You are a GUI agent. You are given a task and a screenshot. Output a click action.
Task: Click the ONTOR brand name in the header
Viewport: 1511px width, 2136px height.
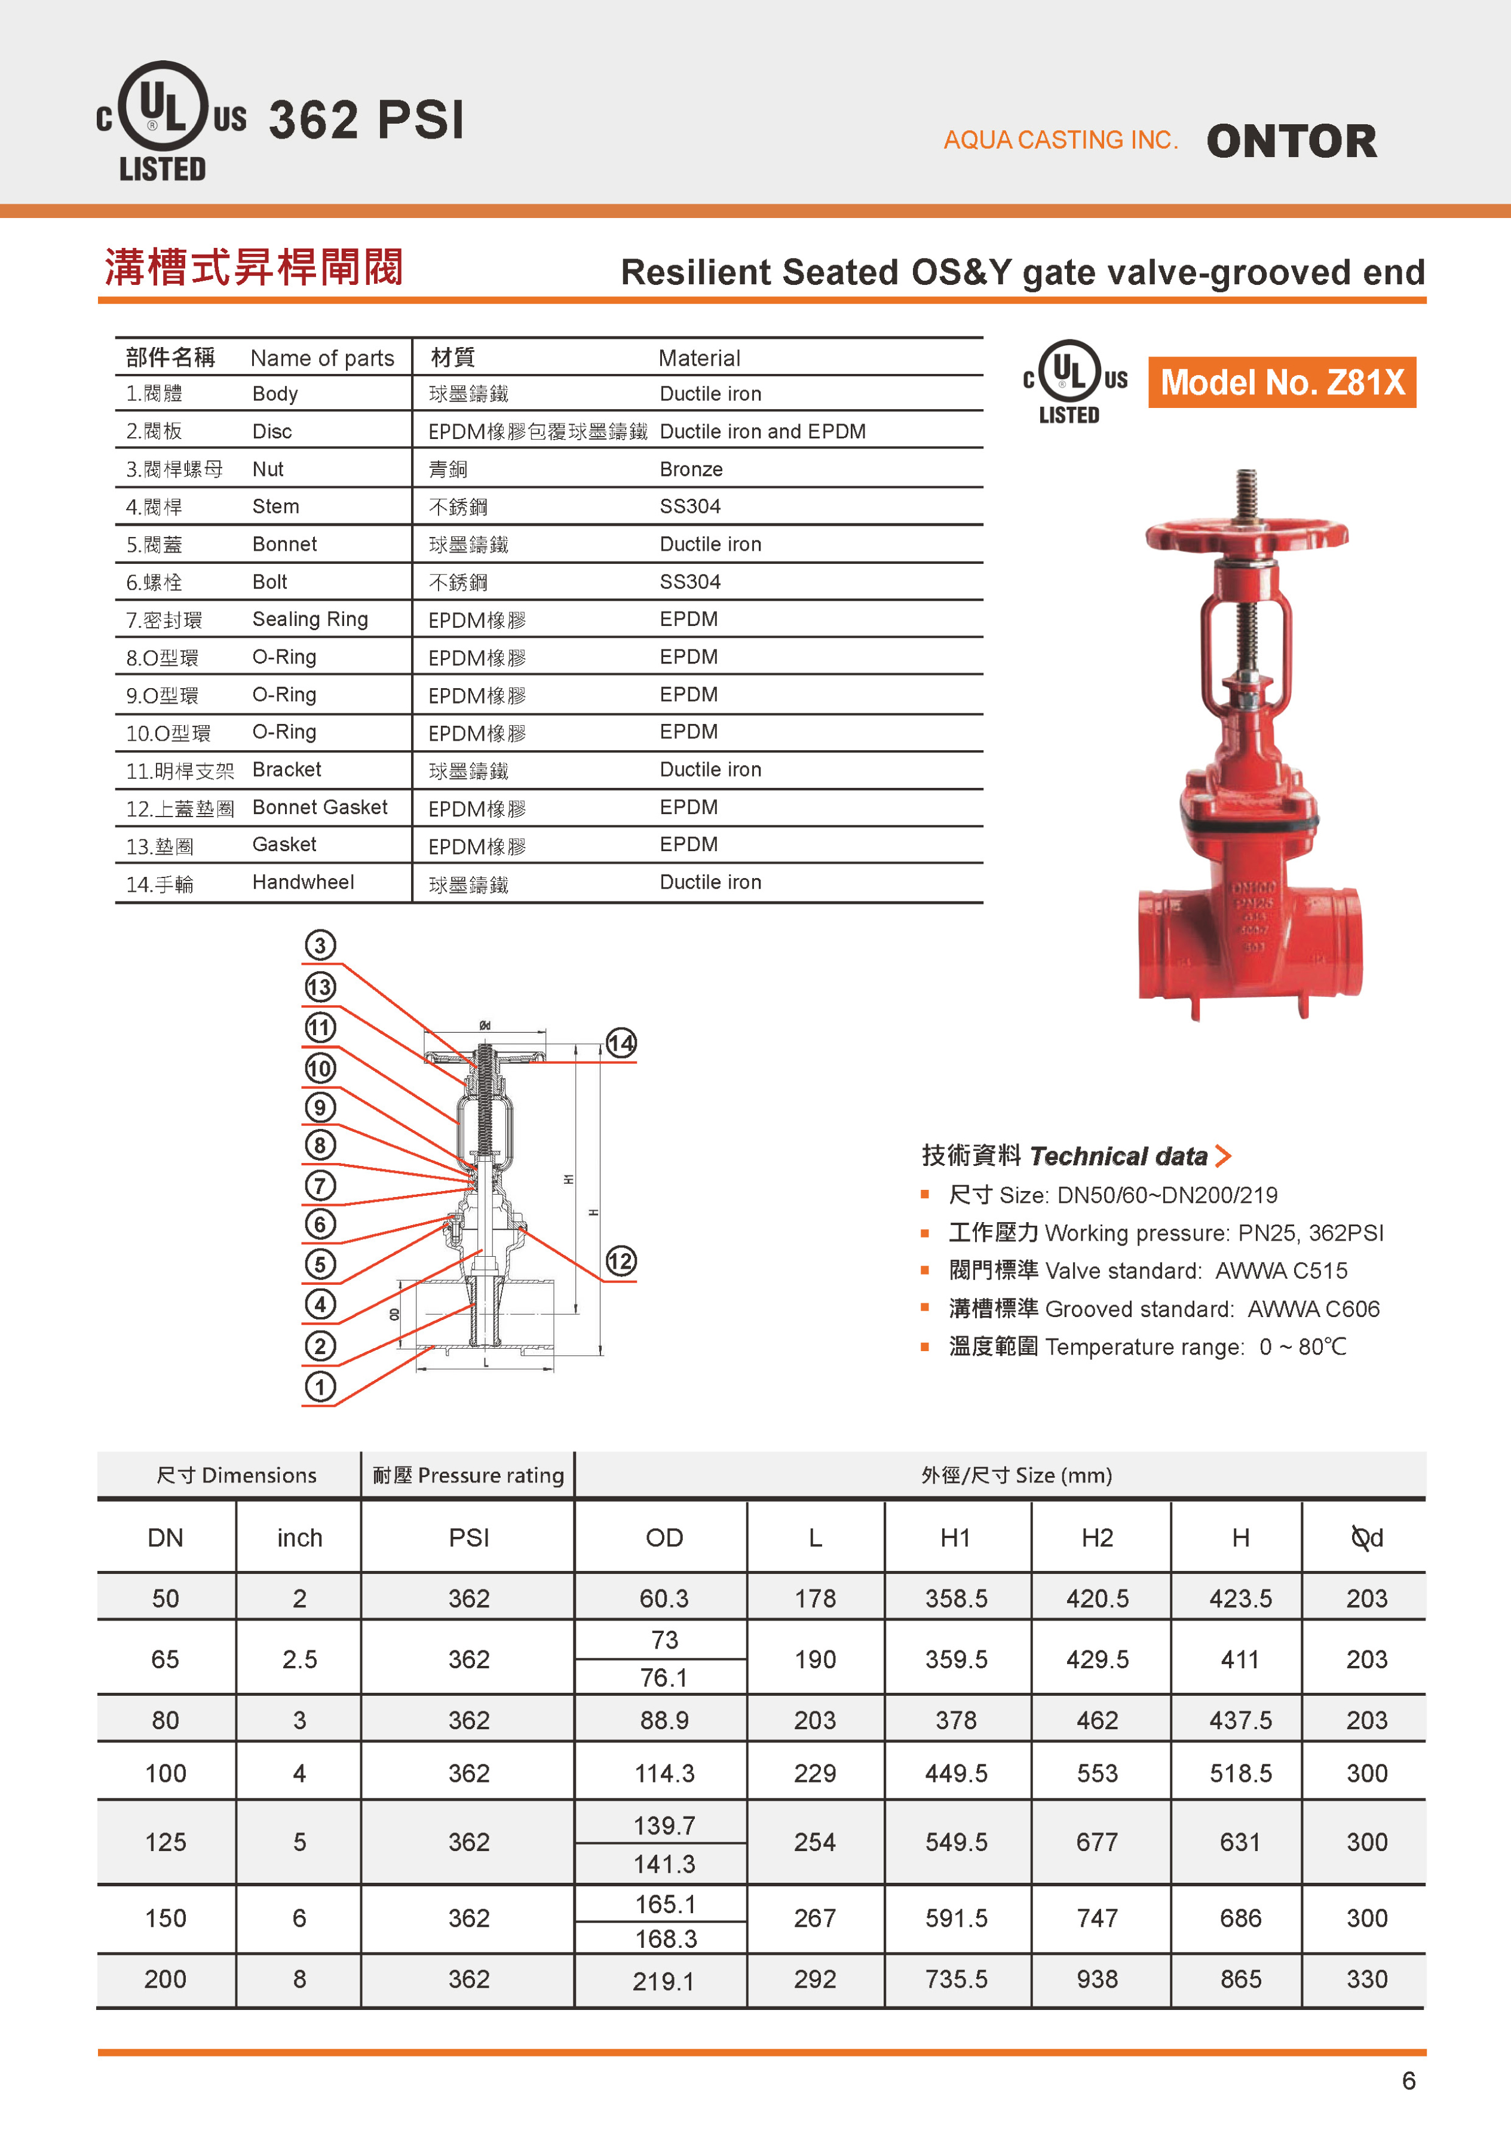tap(1291, 142)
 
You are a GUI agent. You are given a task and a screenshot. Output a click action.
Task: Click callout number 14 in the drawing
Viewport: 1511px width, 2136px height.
tap(621, 1043)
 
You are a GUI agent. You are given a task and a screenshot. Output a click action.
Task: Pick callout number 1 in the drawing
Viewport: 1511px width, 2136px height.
tap(320, 1386)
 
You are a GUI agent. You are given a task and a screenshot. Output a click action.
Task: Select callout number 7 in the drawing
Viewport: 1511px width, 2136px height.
tap(320, 1185)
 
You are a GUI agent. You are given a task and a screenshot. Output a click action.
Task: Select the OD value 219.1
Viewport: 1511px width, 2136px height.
tap(663, 1981)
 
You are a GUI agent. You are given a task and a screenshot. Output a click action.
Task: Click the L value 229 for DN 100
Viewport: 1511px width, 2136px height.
tap(814, 1773)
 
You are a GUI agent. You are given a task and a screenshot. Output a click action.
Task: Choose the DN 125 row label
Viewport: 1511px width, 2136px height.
tap(165, 1842)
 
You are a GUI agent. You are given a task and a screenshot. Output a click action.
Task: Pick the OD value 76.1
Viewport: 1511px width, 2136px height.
tap(663, 1677)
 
